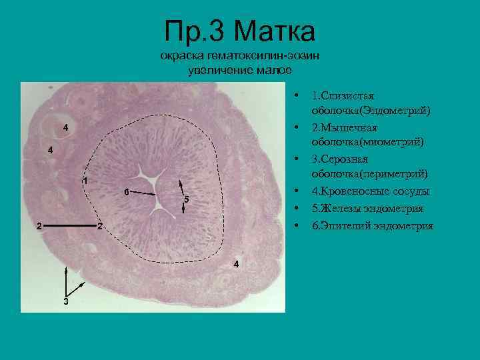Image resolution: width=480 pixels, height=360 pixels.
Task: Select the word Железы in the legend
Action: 340,209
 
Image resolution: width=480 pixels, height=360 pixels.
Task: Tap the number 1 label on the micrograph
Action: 85,181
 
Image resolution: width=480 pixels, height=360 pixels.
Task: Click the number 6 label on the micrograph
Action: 126,192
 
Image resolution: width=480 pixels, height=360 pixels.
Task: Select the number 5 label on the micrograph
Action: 187,199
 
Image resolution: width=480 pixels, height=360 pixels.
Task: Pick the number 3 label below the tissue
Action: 65,301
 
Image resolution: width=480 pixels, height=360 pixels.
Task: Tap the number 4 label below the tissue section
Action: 235,265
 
